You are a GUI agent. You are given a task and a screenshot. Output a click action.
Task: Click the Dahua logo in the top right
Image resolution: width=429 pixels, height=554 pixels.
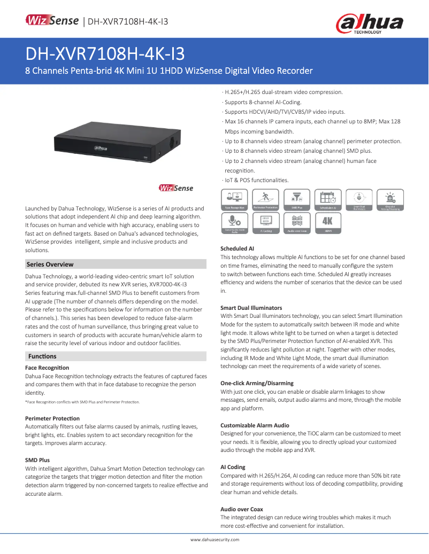click(x=369, y=23)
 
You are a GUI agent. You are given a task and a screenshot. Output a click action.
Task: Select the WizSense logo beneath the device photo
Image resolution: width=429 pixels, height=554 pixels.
click(x=176, y=188)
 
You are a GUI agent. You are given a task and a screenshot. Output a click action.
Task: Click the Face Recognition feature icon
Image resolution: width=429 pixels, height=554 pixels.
click(x=234, y=199)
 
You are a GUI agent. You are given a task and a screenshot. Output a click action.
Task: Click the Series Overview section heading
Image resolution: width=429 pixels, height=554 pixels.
click(x=50, y=264)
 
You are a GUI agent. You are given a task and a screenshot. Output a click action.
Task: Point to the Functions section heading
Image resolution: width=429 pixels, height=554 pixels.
click(x=42, y=356)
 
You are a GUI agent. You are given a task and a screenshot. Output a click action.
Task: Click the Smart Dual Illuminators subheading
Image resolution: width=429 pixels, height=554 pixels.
click(x=251, y=308)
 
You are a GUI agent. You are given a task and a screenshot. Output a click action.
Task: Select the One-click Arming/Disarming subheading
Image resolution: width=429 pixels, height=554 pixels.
click(x=257, y=384)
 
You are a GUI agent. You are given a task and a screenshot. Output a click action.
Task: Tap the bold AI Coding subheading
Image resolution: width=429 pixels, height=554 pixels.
click(x=233, y=467)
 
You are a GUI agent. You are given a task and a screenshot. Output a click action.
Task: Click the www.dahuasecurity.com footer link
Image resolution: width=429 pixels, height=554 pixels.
click(x=215, y=540)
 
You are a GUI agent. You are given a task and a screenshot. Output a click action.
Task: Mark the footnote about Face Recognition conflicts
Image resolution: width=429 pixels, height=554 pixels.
click(x=82, y=402)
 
